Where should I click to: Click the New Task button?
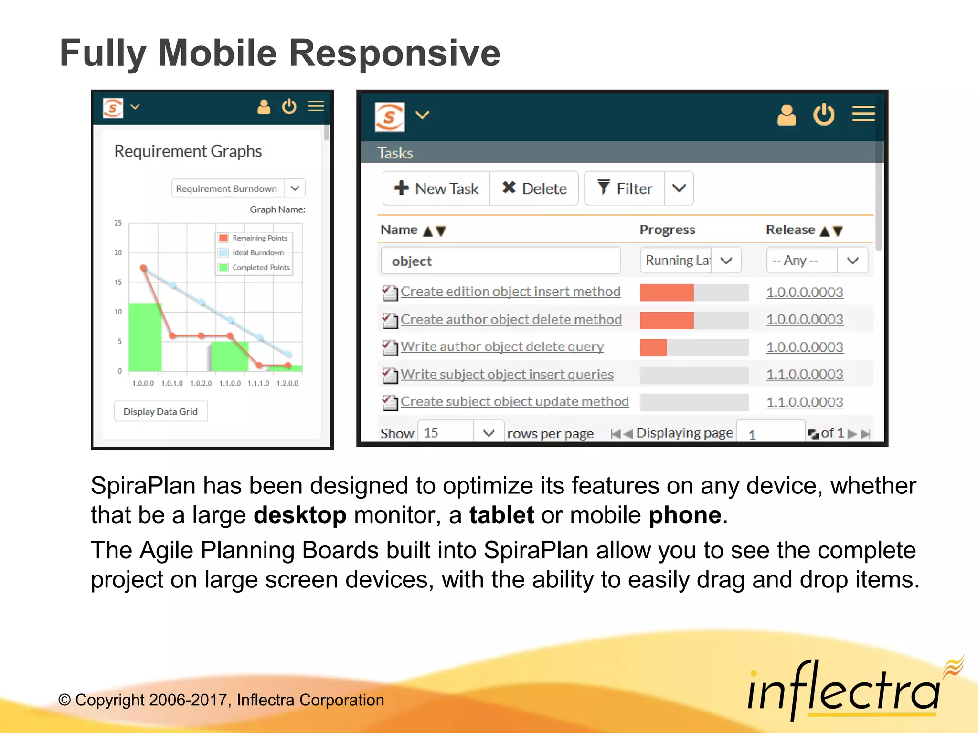[x=436, y=188]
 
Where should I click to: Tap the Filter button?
[x=625, y=188]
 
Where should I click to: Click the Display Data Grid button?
[x=160, y=411]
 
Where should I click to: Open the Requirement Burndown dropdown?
[x=238, y=188]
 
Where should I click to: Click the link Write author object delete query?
[x=502, y=347]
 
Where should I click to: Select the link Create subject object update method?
[x=514, y=402]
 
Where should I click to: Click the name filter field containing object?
[x=500, y=261]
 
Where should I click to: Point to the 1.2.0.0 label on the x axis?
[x=287, y=383]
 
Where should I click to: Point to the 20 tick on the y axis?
[x=118, y=252]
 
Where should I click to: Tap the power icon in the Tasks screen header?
[x=824, y=115]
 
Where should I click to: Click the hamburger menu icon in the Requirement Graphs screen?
[x=316, y=106]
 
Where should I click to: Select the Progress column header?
[x=667, y=230]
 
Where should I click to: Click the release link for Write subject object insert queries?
[x=805, y=375]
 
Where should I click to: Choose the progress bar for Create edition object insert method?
[x=694, y=292]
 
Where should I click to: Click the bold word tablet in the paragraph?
[x=501, y=515]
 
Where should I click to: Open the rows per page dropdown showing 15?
[x=460, y=433]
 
